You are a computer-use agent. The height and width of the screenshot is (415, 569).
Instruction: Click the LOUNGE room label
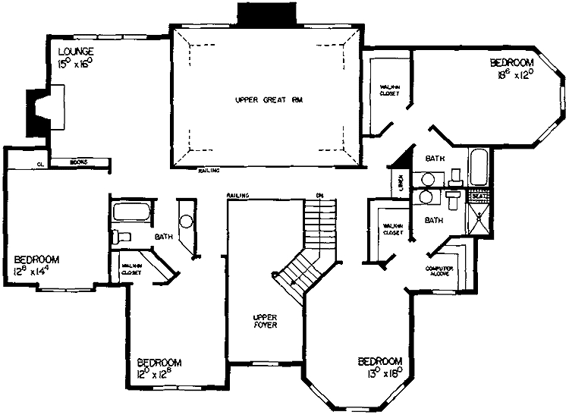point(75,52)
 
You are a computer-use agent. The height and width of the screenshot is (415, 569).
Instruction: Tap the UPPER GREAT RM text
point(262,99)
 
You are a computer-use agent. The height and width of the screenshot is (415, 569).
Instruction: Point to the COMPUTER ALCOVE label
point(438,270)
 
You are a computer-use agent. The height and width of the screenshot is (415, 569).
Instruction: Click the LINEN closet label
point(398,183)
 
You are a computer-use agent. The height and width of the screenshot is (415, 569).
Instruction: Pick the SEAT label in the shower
point(478,196)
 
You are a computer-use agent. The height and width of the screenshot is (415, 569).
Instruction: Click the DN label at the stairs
point(319,196)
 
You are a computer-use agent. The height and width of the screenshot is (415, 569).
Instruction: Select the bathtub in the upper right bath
point(479,166)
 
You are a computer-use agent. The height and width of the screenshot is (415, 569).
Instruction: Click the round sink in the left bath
point(187,222)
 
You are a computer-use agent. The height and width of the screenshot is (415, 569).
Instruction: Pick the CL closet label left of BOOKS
point(39,162)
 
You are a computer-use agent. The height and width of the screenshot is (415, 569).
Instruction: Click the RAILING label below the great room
point(209,171)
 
